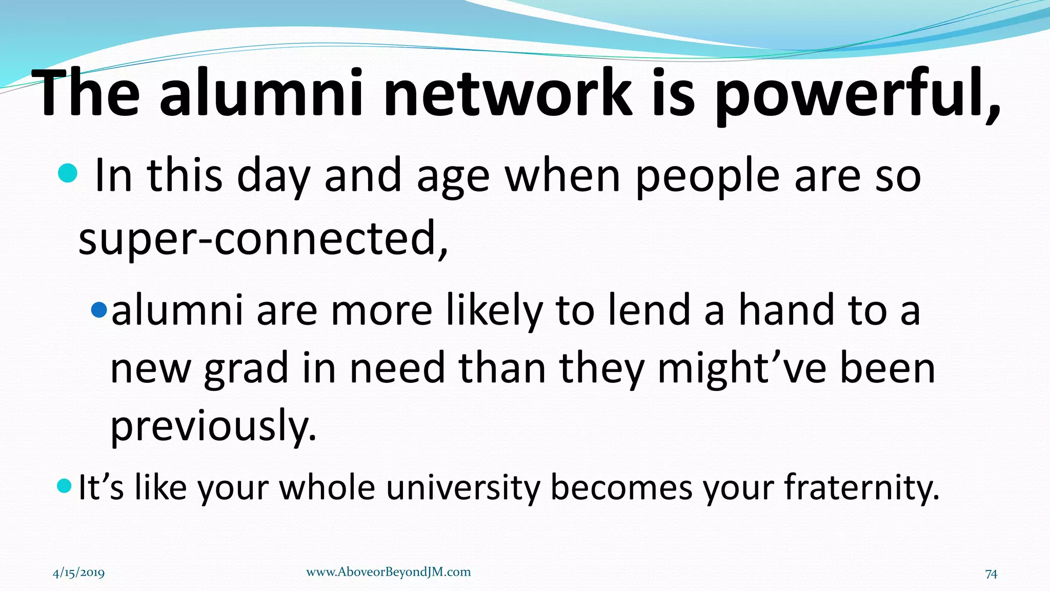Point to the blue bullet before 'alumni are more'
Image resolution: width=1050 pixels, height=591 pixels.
[x=98, y=309]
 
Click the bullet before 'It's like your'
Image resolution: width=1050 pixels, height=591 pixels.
[x=64, y=485]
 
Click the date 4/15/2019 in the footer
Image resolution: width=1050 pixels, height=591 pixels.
[x=78, y=573]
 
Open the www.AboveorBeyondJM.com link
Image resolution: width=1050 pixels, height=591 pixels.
[x=388, y=572]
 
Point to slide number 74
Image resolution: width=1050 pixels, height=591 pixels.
[x=991, y=574]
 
